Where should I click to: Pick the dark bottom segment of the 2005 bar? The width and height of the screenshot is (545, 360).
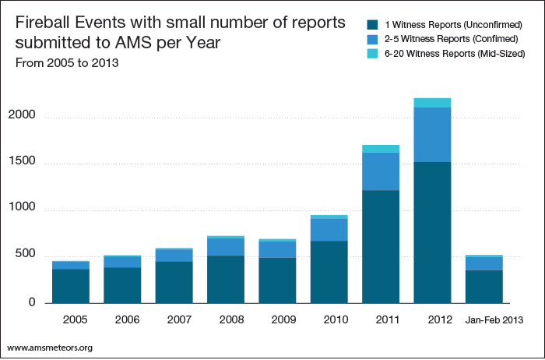71,286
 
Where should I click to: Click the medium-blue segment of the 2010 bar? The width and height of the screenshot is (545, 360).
329,230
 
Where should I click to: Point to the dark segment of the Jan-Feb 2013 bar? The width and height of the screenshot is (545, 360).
483,287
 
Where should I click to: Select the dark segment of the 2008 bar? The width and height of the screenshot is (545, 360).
226,279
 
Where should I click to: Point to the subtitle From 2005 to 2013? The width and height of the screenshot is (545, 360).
66,63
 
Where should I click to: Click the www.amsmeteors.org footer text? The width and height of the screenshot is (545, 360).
50,347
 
